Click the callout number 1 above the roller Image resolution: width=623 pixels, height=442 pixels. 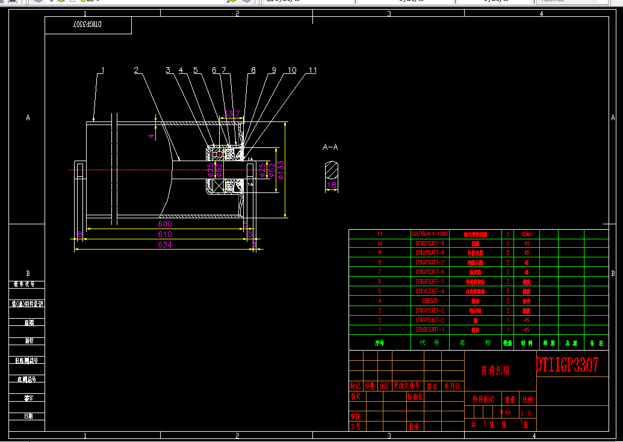(x=102, y=70)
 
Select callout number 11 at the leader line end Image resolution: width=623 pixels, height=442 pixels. (x=312, y=70)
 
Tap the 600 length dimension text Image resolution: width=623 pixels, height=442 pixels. (x=165, y=224)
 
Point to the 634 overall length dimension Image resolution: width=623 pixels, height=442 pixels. (x=165, y=245)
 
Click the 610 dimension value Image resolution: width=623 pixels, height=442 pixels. (x=165, y=234)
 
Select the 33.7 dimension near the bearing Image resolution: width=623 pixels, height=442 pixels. (x=232, y=113)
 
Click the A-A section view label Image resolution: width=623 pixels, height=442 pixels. (x=330, y=147)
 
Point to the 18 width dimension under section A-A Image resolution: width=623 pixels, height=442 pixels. (x=332, y=186)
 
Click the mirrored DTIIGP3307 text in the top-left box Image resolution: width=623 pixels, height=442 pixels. (x=88, y=25)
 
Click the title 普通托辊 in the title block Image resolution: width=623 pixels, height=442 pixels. (x=495, y=370)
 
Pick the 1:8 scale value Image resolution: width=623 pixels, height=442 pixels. (x=525, y=413)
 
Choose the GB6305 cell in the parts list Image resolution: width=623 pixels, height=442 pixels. (x=430, y=301)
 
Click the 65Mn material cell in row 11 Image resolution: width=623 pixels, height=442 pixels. (x=527, y=234)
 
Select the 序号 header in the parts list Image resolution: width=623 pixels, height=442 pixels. (x=379, y=343)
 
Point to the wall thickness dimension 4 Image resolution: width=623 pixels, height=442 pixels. (x=151, y=136)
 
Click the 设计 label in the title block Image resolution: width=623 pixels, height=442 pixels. (x=356, y=397)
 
